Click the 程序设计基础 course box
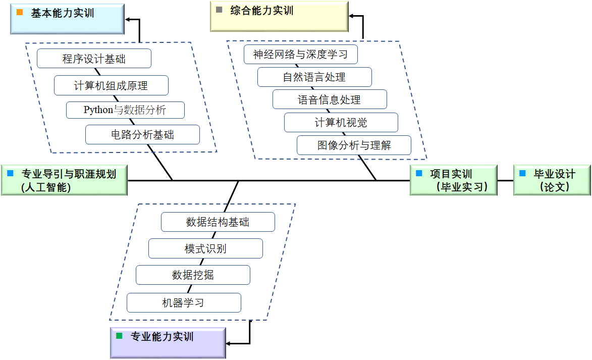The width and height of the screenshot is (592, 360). (94, 59)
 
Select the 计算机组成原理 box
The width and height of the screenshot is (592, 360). (111, 85)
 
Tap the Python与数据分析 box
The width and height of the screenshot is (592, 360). (125, 110)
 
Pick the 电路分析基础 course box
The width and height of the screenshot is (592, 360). (142, 135)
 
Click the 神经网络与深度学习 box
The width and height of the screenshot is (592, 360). (300, 55)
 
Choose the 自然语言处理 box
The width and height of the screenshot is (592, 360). (314, 77)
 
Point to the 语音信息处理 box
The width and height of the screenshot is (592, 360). (330, 99)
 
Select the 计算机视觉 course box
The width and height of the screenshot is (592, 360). (341, 123)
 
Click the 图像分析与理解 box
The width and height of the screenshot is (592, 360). (354, 145)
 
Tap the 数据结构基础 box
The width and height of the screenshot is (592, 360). (218, 222)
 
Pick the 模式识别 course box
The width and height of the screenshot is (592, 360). (205, 248)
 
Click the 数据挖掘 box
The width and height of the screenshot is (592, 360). (193, 275)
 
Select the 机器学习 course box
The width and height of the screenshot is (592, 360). (184, 302)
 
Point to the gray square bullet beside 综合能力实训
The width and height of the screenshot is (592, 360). (219, 10)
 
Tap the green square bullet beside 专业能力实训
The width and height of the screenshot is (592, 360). (119, 336)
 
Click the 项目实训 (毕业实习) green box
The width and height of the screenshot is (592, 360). (454, 180)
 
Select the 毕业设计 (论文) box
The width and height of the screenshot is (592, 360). (552, 180)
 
